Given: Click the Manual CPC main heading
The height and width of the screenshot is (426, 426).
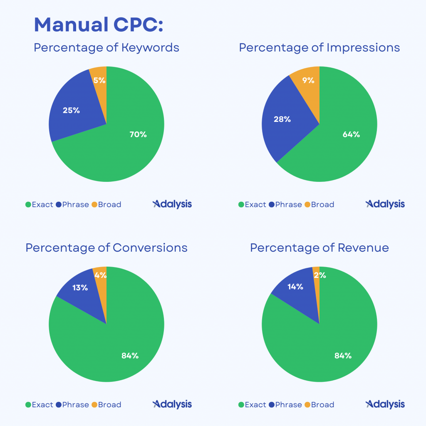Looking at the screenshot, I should tap(98, 25).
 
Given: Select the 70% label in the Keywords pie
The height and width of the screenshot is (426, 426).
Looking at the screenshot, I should tap(138, 134).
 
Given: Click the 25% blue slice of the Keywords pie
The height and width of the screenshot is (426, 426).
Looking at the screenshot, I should tap(71, 111).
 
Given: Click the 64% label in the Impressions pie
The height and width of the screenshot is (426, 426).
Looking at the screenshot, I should tap(351, 134).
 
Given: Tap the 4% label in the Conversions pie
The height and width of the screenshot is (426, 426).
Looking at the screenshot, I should tap(100, 275).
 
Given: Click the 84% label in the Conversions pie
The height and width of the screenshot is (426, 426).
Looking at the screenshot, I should tap(130, 355).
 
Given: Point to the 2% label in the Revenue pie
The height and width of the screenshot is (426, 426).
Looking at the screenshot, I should tap(319, 275).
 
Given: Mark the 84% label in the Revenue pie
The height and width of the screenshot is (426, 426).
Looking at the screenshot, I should tap(343, 355).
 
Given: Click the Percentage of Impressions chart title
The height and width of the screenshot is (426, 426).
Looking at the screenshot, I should tap(319, 47).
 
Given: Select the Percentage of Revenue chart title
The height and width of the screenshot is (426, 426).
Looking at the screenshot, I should tap(319, 248).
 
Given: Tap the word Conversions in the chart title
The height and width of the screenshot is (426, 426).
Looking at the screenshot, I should tap(150, 248).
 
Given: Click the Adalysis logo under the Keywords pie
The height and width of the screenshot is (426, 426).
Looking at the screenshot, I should tap(172, 204).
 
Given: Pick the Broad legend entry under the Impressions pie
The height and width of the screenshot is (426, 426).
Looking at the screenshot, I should tap(319, 204).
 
